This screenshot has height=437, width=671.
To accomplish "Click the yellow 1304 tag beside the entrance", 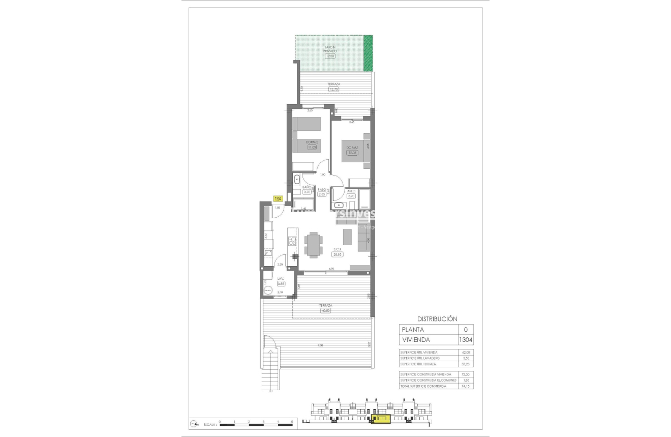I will (x=278, y=199).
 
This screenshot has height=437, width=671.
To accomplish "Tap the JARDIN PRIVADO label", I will (x=331, y=49).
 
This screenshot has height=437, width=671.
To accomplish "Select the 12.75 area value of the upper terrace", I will (x=333, y=89).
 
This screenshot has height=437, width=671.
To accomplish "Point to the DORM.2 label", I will (x=312, y=142).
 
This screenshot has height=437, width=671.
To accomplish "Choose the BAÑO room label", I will (x=307, y=187).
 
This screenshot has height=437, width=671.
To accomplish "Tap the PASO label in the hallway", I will (x=321, y=190).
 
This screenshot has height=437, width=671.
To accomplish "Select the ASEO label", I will (x=351, y=191).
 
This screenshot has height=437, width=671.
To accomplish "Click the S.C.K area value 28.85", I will (x=338, y=254).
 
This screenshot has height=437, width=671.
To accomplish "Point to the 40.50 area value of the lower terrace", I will (x=325, y=310).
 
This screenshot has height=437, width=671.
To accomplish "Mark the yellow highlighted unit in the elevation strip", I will (x=381, y=419).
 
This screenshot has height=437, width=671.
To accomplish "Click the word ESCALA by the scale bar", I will (x=209, y=424).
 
